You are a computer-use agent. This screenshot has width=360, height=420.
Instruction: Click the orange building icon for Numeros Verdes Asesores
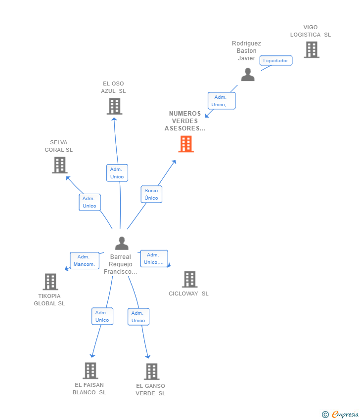click(186, 144)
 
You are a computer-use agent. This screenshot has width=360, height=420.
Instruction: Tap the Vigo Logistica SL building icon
click(312, 50)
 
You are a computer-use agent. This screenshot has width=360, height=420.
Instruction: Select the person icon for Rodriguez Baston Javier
click(248, 75)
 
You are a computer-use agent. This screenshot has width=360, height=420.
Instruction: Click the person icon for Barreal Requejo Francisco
click(122, 243)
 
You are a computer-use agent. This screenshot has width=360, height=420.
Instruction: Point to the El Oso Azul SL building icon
click(114, 106)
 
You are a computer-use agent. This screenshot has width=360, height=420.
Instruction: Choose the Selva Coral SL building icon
click(60, 165)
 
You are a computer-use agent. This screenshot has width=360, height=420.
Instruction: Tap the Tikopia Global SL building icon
click(50, 282)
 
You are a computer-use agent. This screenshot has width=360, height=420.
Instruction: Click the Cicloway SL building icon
click(190, 279)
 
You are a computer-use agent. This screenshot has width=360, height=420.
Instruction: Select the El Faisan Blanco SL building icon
click(90, 371)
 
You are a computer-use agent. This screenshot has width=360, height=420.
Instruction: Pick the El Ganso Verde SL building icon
click(152, 372)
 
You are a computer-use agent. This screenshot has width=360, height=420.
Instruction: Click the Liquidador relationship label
click(276, 61)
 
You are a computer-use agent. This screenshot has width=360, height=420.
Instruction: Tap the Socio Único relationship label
click(151, 194)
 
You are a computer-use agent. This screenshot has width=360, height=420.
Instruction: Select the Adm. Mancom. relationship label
click(85, 260)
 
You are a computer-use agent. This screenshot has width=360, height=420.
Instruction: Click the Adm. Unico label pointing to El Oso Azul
click(117, 173)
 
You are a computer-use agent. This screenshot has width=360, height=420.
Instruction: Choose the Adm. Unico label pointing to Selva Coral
click(90, 202)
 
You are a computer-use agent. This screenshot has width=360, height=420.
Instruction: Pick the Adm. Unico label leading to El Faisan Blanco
click(102, 316)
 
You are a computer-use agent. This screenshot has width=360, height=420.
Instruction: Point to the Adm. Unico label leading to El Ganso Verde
click(138, 317)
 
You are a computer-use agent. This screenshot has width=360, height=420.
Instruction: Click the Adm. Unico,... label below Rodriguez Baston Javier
click(222, 101)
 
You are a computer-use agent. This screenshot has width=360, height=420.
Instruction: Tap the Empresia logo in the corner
click(340, 415)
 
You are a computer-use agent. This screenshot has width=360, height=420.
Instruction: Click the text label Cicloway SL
click(188, 294)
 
